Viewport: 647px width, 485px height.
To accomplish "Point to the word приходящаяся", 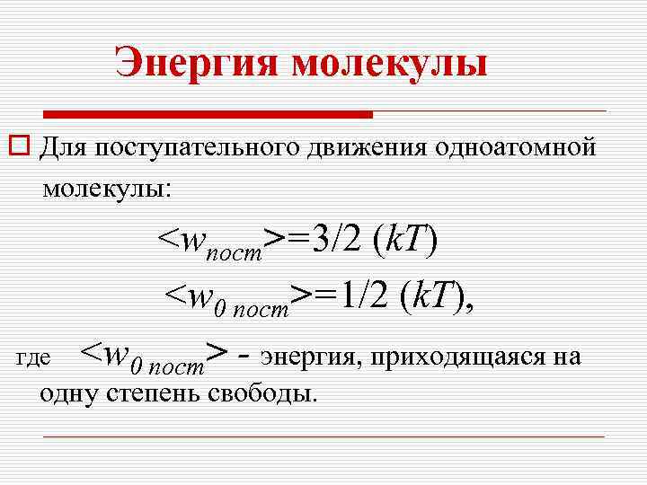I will coord(456,357).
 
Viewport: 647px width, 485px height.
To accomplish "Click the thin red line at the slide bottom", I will coord(323,436).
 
